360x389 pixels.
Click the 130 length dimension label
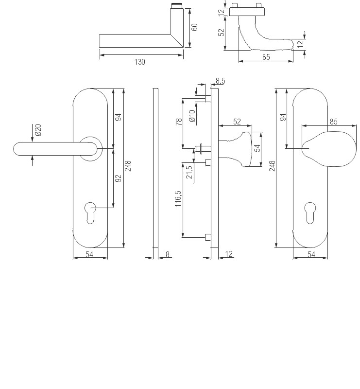click(139, 62)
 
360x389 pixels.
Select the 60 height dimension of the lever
click(195, 27)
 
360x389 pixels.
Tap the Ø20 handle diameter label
click(38, 130)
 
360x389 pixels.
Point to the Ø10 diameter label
click(192, 116)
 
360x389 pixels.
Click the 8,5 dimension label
click(220, 81)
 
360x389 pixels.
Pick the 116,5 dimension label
click(178, 199)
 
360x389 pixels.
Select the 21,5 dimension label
click(189, 172)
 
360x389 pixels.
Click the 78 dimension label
click(179, 122)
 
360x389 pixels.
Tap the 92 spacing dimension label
click(119, 178)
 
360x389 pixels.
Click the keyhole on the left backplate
click(90, 213)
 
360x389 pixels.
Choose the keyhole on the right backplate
click(310, 213)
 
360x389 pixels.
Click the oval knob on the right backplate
click(329, 149)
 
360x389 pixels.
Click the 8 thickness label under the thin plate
click(167, 254)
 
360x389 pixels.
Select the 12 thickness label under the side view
click(229, 254)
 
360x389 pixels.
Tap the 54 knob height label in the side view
click(258, 148)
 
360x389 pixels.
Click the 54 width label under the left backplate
click(89, 254)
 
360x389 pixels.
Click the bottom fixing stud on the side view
click(208, 237)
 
